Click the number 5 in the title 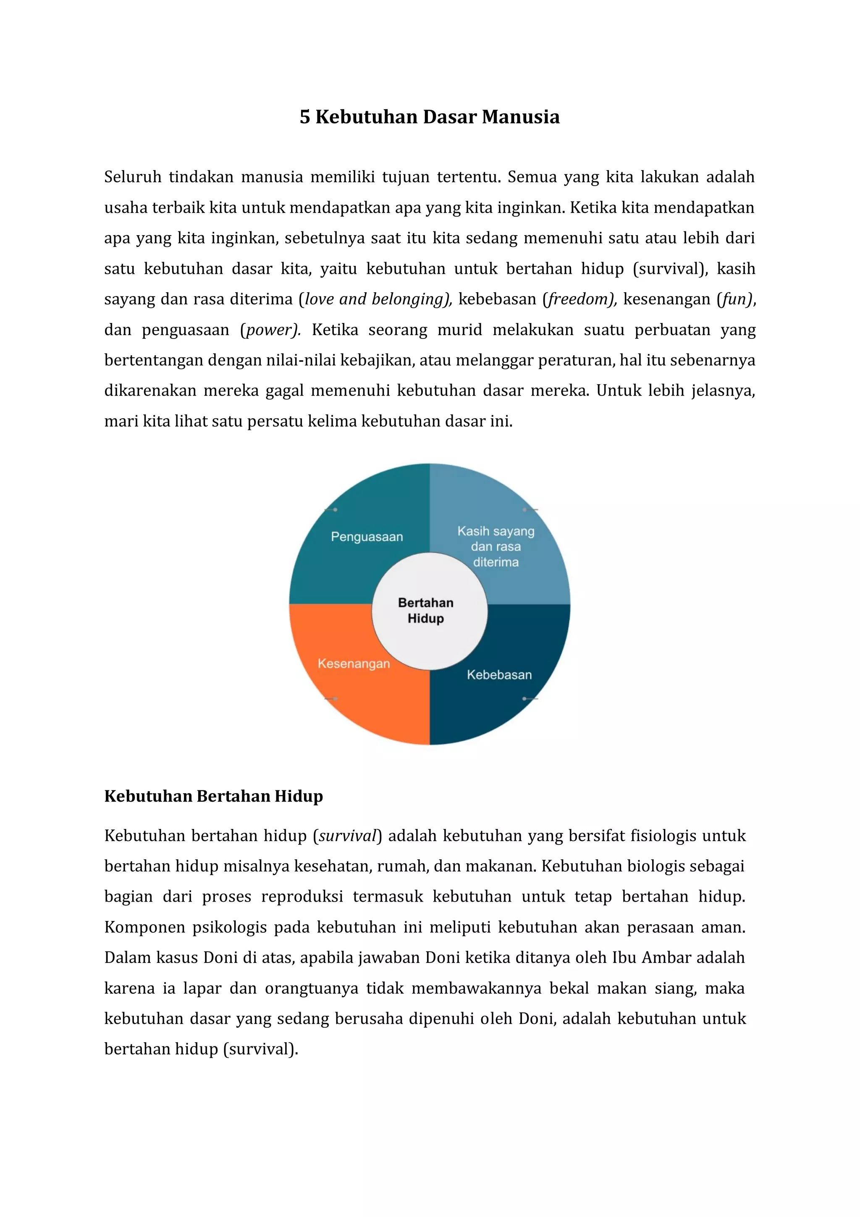[305, 117]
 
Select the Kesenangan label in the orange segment [354, 663]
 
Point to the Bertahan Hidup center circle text [425, 610]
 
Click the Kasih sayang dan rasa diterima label [496, 546]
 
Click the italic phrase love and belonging [374, 299]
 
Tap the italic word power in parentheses [270, 330]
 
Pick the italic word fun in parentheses [735, 299]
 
